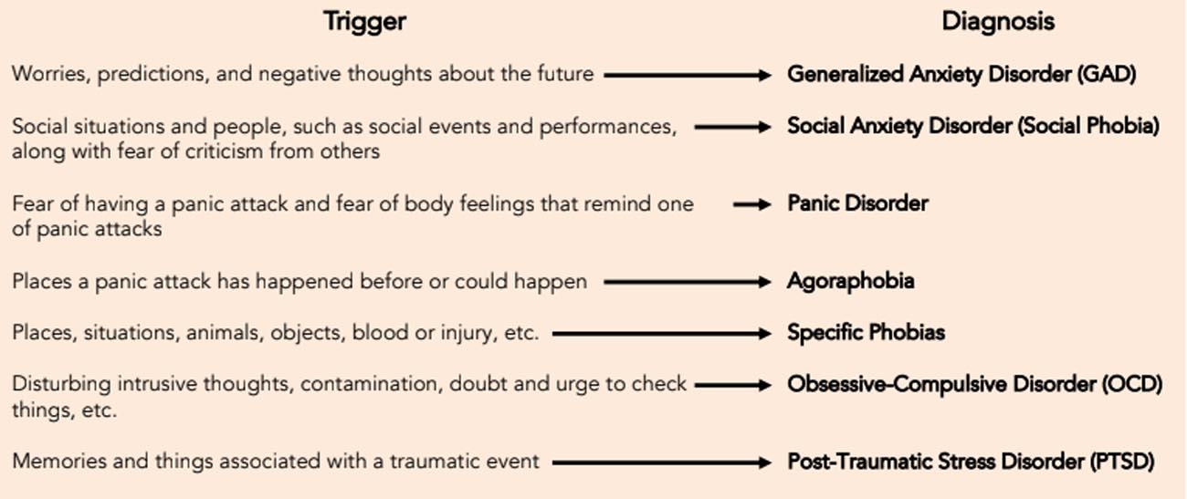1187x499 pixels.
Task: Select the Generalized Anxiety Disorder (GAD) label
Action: tap(961, 75)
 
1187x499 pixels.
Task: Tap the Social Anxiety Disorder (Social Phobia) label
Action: tap(973, 127)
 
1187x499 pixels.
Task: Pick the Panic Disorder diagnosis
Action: tap(857, 203)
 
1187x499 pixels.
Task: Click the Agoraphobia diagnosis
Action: tap(850, 282)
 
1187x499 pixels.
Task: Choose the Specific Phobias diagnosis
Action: tap(866, 333)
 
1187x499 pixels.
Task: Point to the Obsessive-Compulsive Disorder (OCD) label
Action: tap(974, 385)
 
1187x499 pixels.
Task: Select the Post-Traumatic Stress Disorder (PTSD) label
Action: tap(971, 462)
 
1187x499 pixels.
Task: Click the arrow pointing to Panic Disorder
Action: tap(752, 204)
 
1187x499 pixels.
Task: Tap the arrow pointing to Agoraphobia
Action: tap(688, 282)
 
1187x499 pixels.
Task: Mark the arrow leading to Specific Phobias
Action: tap(661, 333)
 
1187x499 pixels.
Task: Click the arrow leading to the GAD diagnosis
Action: tap(688, 75)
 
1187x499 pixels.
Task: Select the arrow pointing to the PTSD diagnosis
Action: tap(661, 463)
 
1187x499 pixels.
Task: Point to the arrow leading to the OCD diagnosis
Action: tap(733, 385)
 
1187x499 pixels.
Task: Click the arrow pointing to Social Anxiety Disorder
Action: tap(733, 127)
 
